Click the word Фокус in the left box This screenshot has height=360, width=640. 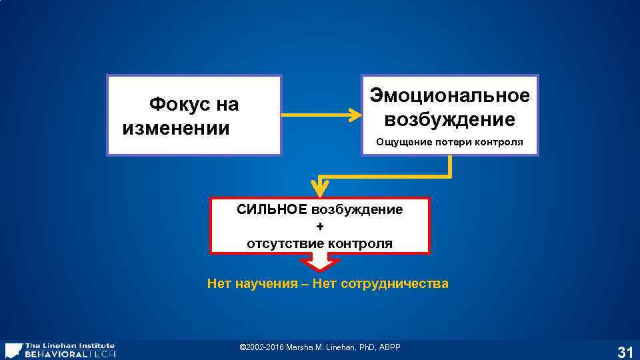click(x=175, y=105)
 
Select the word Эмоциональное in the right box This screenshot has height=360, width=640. click(x=450, y=95)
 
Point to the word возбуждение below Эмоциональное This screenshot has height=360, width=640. click(x=450, y=119)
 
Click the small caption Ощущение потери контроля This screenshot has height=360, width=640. click(x=449, y=142)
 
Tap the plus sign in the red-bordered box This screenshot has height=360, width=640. click(x=320, y=227)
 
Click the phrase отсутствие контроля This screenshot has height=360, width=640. click(x=320, y=243)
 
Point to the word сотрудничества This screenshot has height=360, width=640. click(x=395, y=284)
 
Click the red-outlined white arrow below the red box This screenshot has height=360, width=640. click(x=321, y=263)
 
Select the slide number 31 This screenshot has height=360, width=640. click(x=625, y=353)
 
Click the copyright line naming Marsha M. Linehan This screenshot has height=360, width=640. click(x=320, y=347)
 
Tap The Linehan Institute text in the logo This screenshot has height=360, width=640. click(x=69, y=345)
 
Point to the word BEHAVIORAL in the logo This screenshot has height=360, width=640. click(x=55, y=354)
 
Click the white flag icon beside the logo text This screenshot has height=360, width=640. click(x=13, y=351)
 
